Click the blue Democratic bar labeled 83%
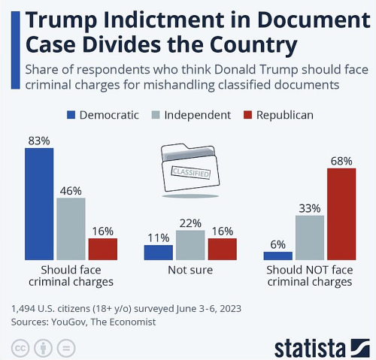coord(39,203)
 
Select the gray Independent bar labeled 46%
coord(71,228)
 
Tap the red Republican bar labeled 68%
coord(341,213)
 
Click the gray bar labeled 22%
coord(190,245)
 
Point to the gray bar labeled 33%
coord(309,237)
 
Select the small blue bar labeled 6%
coord(277,255)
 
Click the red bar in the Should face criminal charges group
coord(103,249)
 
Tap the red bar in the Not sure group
coord(222,249)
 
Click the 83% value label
coord(38,141)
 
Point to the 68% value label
coord(341,160)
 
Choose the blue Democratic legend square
coord(71,115)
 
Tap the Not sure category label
coord(190,270)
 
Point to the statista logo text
coord(310,346)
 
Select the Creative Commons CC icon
coord(20,348)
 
